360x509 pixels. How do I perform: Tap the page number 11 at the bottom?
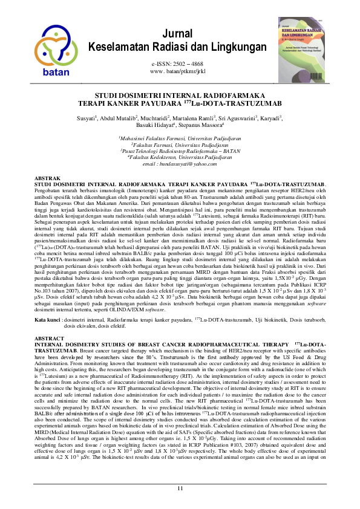tap(180, 488)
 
